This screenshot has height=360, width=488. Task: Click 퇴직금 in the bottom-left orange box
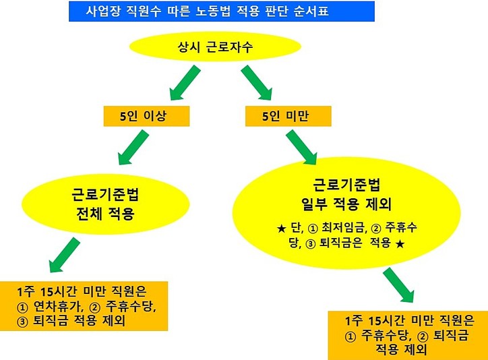point(53,322)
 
